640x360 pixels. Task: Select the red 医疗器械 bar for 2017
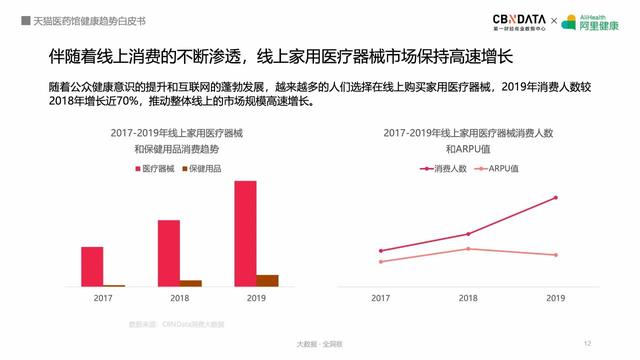click(x=92, y=266)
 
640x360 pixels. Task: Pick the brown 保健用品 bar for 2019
click(x=267, y=280)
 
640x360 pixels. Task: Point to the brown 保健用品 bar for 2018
click(x=191, y=283)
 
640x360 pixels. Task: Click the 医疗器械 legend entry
click(x=152, y=167)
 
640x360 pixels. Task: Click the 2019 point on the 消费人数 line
click(x=556, y=197)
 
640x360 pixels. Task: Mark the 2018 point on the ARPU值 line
click(x=468, y=248)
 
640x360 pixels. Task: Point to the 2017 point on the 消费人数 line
click(x=381, y=250)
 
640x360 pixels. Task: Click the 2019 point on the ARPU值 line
click(x=556, y=255)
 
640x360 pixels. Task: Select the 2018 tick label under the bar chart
click(x=179, y=298)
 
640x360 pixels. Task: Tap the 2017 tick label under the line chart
click(x=381, y=298)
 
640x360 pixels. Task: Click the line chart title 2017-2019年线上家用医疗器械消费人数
click(x=468, y=132)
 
